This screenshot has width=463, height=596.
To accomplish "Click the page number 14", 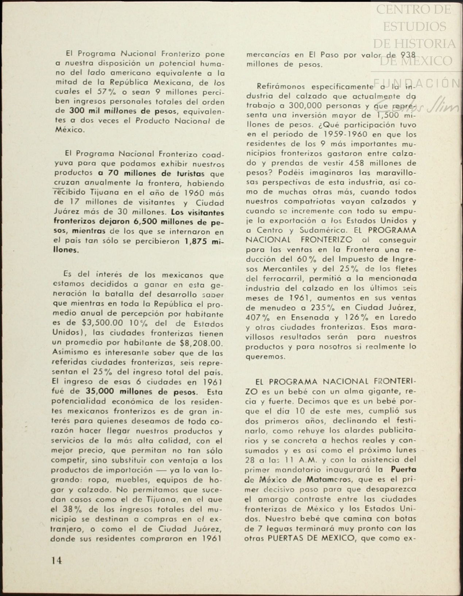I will (57, 560).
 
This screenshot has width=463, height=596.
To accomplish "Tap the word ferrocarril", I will (285, 279).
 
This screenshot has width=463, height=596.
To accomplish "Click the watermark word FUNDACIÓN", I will (416, 83).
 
